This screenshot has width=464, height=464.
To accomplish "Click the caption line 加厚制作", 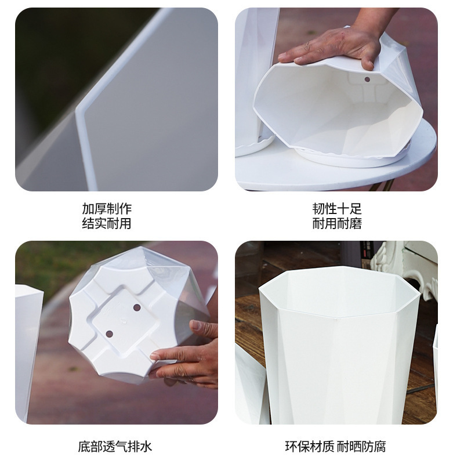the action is coord(107,209).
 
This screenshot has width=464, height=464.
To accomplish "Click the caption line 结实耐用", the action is coord(107,223).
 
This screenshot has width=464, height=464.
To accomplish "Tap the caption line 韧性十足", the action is coord(337,209).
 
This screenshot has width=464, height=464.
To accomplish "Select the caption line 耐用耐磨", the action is coord(337,223).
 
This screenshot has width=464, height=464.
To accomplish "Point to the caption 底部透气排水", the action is coord(115,447).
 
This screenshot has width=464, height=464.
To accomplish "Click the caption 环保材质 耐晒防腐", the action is coord(336,447).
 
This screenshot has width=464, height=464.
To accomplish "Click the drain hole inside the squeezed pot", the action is coord(367,79).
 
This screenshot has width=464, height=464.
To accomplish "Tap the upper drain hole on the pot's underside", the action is coord(137,307).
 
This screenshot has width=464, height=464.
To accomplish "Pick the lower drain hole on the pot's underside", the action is coord(109,334).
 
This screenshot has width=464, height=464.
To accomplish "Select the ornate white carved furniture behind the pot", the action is coord(404,268).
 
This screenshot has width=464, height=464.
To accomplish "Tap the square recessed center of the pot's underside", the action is coord(124,320).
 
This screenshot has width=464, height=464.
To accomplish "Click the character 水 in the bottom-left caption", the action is coord(146,447).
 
